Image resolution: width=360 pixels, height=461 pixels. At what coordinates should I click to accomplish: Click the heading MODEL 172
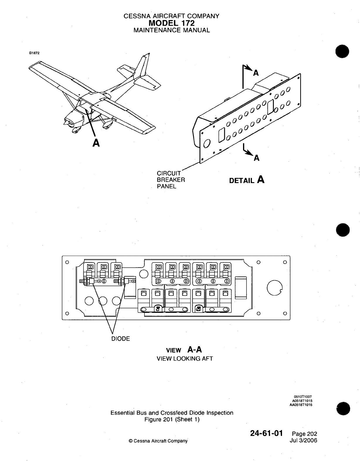[x=171, y=23]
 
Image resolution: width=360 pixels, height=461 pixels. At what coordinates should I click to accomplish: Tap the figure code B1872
[x=34, y=53]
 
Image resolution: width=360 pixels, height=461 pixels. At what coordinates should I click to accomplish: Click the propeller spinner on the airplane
[x=66, y=123]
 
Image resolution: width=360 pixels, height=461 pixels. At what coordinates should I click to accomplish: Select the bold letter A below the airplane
[x=96, y=143]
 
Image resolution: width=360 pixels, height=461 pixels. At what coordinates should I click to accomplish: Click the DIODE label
[x=120, y=339]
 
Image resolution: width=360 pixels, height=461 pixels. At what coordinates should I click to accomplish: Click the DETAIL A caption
[x=247, y=180]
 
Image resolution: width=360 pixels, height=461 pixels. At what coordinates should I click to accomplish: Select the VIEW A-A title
[x=184, y=350]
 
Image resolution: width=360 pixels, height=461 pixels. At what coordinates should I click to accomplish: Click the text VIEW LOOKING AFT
[x=185, y=358]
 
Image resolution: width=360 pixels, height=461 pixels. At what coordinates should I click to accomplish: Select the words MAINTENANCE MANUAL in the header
[x=171, y=30]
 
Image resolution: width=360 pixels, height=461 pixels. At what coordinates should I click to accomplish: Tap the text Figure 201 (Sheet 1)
[x=172, y=420]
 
